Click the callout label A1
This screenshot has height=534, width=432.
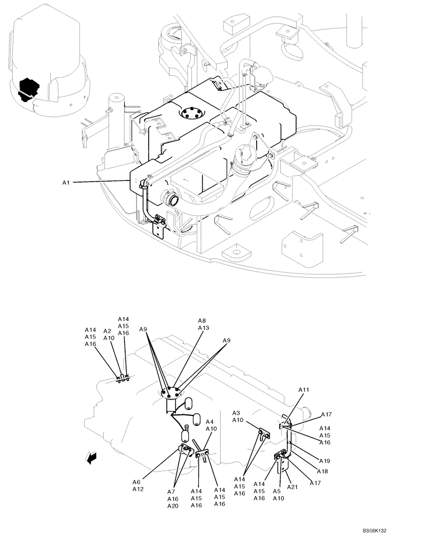(x=66, y=183)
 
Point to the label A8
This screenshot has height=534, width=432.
(x=203, y=321)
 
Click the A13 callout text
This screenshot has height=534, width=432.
(x=204, y=328)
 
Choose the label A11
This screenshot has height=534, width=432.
(x=304, y=390)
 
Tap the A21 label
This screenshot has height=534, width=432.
(x=292, y=486)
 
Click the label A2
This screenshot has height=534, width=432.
(x=107, y=331)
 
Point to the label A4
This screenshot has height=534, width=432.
(x=210, y=422)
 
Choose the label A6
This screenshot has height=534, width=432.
(x=137, y=482)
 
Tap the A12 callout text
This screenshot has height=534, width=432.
(x=138, y=489)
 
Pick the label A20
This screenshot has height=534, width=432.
(x=173, y=506)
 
